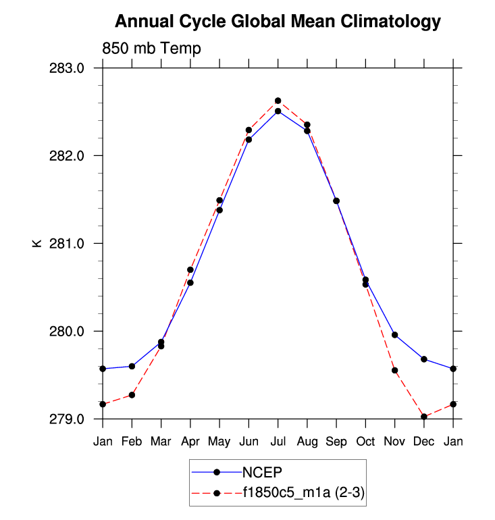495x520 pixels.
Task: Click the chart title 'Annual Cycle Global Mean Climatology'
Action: pyautogui.click(x=278, y=22)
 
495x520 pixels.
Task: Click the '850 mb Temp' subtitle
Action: pyautogui.click(x=151, y=49)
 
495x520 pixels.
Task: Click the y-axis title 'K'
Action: pyautogui.click(x=37, y=243)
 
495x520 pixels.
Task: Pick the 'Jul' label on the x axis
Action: pyautogui.click(x=278, y=442)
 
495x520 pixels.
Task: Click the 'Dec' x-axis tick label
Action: pyautogui.click(x=424, y=442)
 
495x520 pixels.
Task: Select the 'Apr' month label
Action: pyautogui.click(x=190, y=442)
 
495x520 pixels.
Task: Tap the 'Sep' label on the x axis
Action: pyautogui.click(x=336, y=442)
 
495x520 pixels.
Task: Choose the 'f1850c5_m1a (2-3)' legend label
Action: pyautogui.click(x=304, y=494)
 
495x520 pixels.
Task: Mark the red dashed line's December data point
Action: pyautogui.click(x=424, y=417)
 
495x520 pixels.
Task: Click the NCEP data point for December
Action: pyautogui.click(x=424, y=359)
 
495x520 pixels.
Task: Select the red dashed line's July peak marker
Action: pyautogui.click(x=278, y=101)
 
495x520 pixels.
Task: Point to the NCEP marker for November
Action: pyautogui.click(x=395, y=335)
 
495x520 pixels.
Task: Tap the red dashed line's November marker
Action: pyautogui.click(x=395, y=371)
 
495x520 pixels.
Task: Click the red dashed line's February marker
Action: pyautogui.click(x=132, y=395)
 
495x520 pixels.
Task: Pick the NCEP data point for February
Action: pyautogui.click(x=132, y=367)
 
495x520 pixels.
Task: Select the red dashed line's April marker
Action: pyautogui.click(x=190, y=270)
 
